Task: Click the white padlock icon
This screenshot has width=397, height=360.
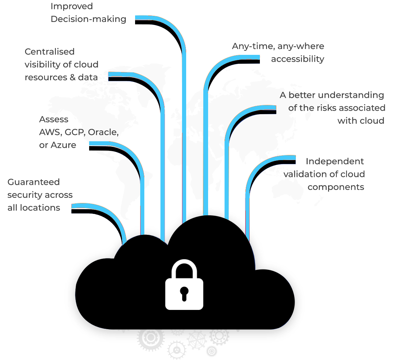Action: [x=184, y=284]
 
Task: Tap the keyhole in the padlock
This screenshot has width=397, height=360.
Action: [x=184, y=294]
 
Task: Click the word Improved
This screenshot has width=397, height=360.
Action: [x=72, y=6]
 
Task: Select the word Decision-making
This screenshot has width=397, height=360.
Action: [x=88, y=19]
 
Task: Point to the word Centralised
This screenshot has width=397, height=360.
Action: [x=50, y=52]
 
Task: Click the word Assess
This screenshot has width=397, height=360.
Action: [x=54, y=119]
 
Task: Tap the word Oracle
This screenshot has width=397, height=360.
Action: [x=103, y=132]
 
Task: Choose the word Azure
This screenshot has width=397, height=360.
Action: [x=63, y=145]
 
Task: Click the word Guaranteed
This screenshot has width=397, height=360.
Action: [x=34, y=182]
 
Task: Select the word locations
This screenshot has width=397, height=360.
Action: [x=40, y=207]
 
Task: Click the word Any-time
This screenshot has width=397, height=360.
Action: [x=253, y=46]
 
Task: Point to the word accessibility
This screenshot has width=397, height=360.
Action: [x=298, y=59]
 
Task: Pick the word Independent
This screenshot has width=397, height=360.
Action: [x=335, y=161]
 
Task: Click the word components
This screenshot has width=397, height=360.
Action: [x=336, y=187]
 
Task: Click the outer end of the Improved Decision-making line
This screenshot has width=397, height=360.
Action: [x=135, y=20]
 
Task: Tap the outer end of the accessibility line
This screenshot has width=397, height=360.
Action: [x=260, y=59]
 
